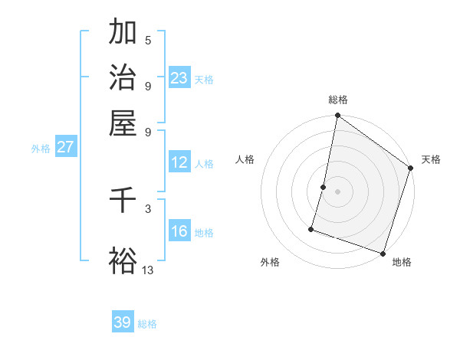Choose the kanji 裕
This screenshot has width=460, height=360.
[123, 261]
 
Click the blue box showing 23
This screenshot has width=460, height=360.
[179, 77]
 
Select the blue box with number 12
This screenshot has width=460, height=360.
[179, 162]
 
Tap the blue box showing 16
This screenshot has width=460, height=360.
[179, 231]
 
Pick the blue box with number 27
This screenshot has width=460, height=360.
[66, 147]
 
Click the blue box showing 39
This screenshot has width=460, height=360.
[123, 322]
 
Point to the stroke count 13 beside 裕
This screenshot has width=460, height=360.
[148, 270]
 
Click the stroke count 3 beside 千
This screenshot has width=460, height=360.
[148, 208]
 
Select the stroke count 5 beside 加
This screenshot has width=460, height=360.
[148, 40]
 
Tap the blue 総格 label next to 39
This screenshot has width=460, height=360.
[147, 324]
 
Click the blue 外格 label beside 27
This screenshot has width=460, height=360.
[41, 149]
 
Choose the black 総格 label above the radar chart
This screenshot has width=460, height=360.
[337, 100]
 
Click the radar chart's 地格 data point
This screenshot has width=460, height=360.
[383, 253]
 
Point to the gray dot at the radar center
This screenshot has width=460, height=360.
[337, 191]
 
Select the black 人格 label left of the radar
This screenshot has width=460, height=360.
[245, 159]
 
